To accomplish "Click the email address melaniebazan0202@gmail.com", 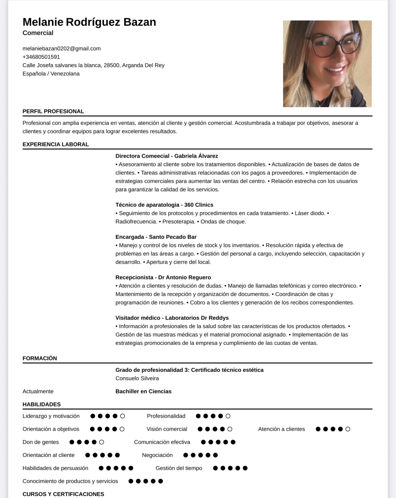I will click(x=61, y=48).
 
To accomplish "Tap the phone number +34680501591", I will click(x=41, y=57).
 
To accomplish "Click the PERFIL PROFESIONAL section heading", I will click(x=53, y=111).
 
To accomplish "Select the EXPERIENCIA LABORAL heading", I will click(x=55, y=144).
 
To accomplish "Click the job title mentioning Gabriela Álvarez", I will click(x=167, y=156).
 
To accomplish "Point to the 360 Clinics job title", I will click(x=164, y=205).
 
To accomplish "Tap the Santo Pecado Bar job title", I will click(x=156, y=237).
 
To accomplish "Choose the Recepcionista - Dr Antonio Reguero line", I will click(x=163, y=277).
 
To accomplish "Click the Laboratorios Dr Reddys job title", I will click(x=172, y=318).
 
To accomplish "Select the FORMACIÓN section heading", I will click(x=40, y=358).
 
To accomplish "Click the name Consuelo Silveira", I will click(x=137, y=378).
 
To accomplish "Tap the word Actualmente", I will click(x=38, y=391).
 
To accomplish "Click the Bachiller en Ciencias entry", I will click(x=143, y=391).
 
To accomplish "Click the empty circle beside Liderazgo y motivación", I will click(x=123, y=416).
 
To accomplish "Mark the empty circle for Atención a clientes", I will click(x=348, y=429).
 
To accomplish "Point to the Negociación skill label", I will click(x=157, y=455).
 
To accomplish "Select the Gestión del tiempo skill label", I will click(x=179, y=468).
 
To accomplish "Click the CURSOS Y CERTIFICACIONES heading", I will click(x=63, y=494).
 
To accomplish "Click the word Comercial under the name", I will click(x=38, y=33).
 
